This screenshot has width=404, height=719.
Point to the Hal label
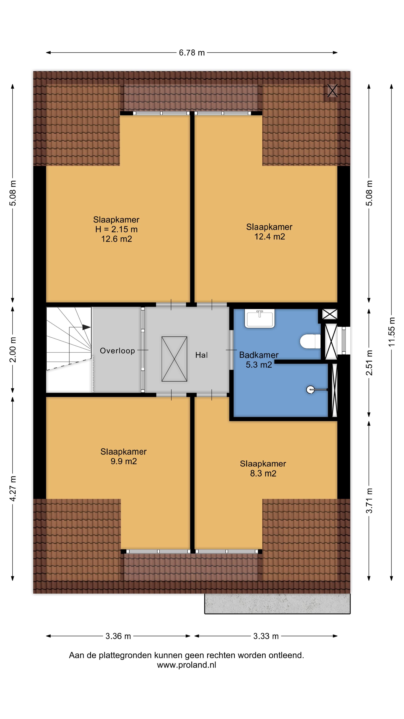pos(201,355)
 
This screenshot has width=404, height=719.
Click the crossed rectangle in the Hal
pos(174,359)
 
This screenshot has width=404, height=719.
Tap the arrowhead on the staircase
pos(86,327)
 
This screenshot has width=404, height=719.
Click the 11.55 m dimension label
pos(391,332)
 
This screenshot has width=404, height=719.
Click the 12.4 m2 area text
pos(270,237)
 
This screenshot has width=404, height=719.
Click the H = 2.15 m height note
pos(116,229)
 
